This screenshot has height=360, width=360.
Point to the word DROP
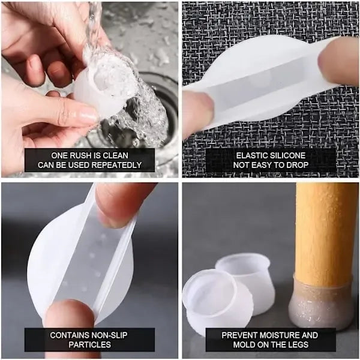pos(298,165)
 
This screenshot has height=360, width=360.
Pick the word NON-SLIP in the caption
pos(109,335)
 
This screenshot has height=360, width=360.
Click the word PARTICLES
pos(90,344)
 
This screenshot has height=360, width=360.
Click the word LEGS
pos(298,344)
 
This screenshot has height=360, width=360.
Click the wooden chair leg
pos(323,235)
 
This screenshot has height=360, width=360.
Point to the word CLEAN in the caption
pos(115,155)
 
